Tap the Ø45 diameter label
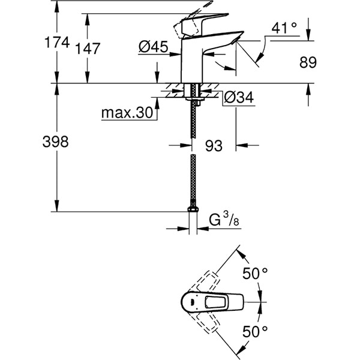tap(152, 46)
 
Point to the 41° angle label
tap(284, 28)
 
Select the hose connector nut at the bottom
tap(193, 210)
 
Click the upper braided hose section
tap(193, 120)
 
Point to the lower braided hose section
tap(193, 180)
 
